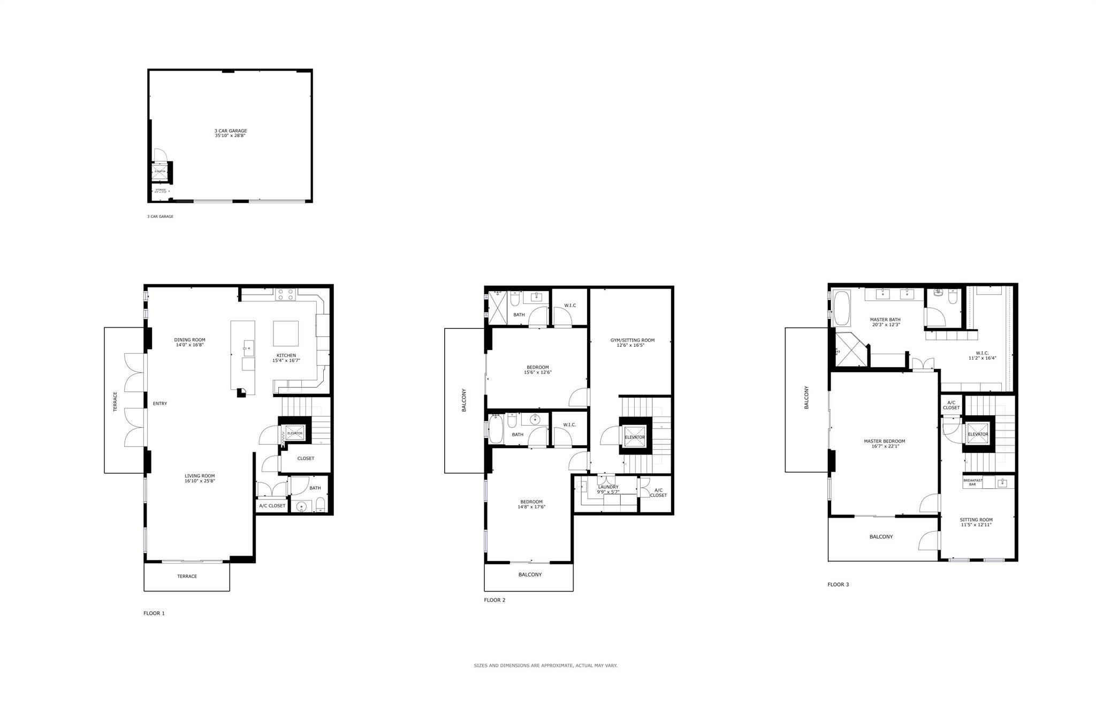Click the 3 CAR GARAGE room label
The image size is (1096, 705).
pos(231,131)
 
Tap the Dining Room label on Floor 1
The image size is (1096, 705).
pos(189,340)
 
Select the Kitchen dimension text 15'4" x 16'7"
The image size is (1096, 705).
pos(286,361)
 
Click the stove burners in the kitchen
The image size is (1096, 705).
pos(286,294)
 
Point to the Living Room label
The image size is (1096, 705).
pos(200,476)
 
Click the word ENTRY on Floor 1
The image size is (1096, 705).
pos(160,404)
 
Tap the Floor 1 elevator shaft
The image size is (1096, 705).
pos(294,433)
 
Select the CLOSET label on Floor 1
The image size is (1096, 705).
pos(306,458)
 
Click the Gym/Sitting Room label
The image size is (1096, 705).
pos(632,340)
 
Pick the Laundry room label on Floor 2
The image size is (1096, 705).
pos(608,487)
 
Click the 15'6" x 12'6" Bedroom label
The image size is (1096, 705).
pos(537,368)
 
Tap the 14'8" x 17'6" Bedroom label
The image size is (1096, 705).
pos(531,502)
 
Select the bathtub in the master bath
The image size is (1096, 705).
pos(842,308)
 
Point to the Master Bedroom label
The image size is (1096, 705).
pos(884,442)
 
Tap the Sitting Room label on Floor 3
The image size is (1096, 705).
pos(976,520)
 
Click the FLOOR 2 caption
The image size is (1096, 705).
pos(494,600)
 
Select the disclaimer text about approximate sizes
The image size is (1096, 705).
pos(545,665)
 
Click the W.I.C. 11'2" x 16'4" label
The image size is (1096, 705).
pos(982,353)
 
